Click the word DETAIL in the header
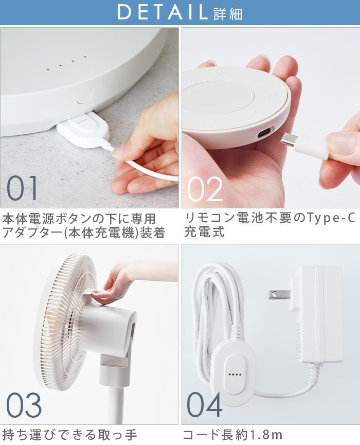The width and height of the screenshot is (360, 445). (163, 12)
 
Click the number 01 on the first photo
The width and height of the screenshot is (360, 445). (22, 188)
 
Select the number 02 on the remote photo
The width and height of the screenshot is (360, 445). (205, 189)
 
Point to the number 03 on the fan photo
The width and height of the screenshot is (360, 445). (24, 405)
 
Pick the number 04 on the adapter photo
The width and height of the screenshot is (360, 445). (205, 405)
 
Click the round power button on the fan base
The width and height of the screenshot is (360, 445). (84, 95)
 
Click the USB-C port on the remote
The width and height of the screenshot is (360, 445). (264, 133)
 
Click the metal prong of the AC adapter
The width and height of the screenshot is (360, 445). (280, 295)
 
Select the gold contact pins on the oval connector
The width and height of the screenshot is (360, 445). (235, 375)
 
